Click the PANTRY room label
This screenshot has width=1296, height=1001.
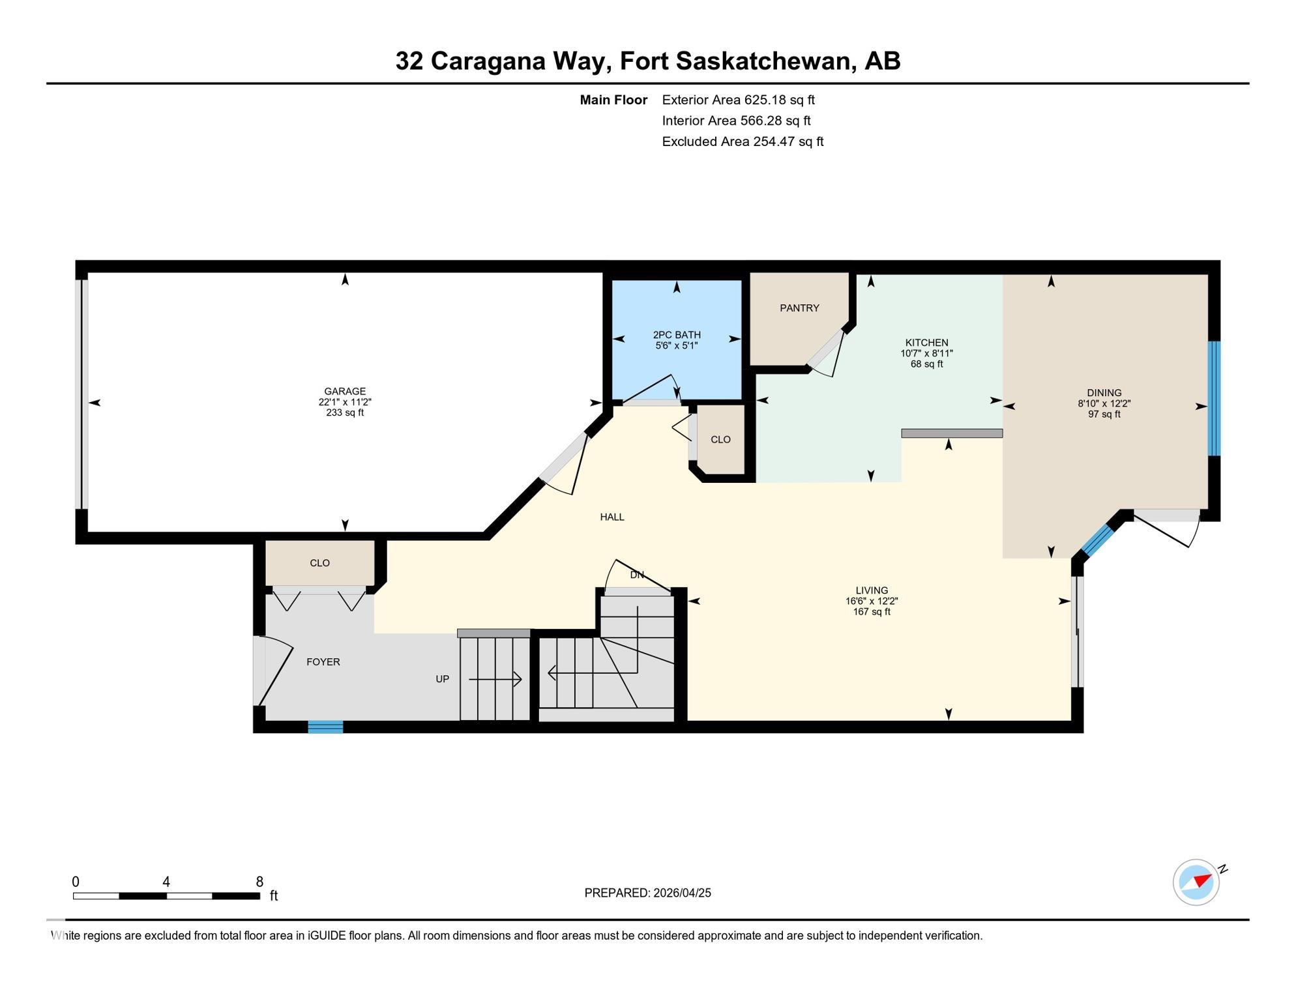[799, 308]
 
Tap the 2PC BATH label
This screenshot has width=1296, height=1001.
[677, 335]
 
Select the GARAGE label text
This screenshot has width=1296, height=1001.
[345, 392]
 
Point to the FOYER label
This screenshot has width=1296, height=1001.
[323, 662]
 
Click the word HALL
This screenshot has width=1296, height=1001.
[612, 517]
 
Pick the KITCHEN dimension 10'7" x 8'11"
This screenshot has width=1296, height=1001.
[926, 353]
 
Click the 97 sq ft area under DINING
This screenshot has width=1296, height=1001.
[1104, 414]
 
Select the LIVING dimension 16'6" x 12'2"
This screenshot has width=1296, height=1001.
[872, 602]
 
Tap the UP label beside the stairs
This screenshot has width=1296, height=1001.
[443, 679]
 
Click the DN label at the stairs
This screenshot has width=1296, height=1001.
[637, 575]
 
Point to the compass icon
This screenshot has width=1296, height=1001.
[1196, 882]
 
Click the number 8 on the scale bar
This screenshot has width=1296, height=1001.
[259, 882]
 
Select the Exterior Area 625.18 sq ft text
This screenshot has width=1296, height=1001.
[738, 100]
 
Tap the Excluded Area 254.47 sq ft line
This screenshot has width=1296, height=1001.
[743, 141]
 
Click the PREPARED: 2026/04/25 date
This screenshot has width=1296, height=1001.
[647, 893]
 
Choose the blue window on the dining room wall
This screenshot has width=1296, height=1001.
[1214, 398]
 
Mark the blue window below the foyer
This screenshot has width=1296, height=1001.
[325, 727]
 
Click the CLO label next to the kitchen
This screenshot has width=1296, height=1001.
[720, 440]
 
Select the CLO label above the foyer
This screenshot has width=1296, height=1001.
[319, 563]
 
